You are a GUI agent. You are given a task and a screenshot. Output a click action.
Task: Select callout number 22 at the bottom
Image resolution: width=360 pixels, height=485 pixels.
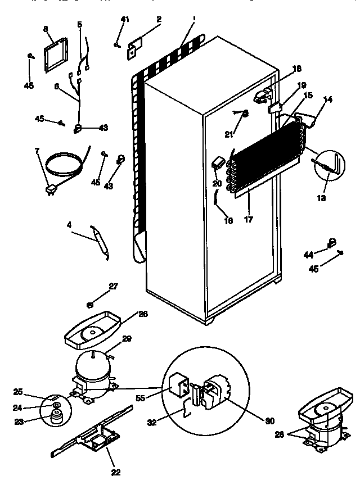(115, 472)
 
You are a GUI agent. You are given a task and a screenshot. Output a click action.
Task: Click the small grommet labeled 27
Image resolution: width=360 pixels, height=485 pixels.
(89, 305)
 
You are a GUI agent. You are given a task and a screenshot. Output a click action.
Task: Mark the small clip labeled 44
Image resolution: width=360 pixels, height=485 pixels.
(331, 243)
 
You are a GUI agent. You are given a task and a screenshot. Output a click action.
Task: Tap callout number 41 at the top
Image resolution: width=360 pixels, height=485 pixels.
(125, 20)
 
